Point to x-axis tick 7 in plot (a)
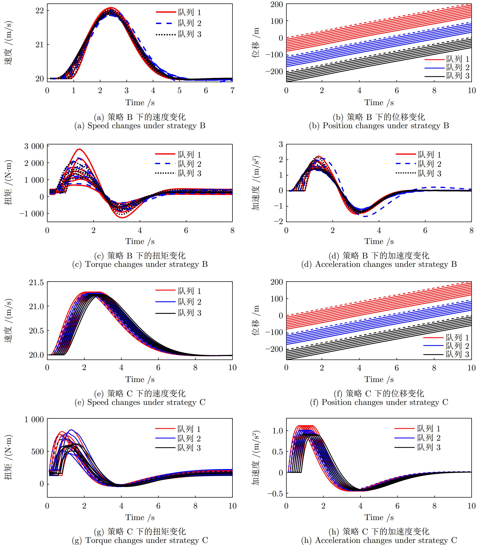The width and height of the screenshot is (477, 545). [232, 91]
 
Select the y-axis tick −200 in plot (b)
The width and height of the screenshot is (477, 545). [274, 71]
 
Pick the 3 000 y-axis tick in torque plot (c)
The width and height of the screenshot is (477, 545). [34, 146]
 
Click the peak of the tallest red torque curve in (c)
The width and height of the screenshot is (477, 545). [79, 149]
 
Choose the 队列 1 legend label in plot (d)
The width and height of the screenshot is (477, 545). [429, 154]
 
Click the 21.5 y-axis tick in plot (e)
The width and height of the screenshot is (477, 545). [36, 282]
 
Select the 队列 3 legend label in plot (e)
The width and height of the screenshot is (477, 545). [190, 313]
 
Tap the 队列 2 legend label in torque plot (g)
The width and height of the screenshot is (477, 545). [189, 438]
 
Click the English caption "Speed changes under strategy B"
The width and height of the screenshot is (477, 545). [146, 126]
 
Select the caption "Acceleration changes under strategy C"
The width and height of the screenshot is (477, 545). [386, 540]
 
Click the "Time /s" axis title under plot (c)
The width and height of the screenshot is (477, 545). [140, 241]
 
